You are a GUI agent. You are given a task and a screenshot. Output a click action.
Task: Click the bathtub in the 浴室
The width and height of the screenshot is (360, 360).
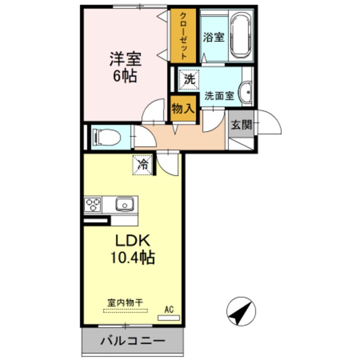pyautogui.click(x=241, y=36)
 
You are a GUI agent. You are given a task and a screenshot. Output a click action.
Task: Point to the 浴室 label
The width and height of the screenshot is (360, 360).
pyautogui.click(x=213, y=37)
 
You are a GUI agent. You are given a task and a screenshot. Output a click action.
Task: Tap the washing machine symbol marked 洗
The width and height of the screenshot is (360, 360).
pyautogui.click(x=188, y=79)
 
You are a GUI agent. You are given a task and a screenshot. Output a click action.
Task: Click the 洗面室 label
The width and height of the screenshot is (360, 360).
pyautogui.click(x=219, y=96)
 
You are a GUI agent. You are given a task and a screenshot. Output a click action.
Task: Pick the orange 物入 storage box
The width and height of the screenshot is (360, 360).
pyautogui.click(x=183, y=109)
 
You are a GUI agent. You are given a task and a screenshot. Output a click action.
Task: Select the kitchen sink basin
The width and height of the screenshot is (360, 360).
pyautogui.click(x=124, y=205)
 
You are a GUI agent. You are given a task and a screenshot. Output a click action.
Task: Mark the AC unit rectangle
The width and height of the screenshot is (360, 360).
pyautogui.click(x=169, y=317)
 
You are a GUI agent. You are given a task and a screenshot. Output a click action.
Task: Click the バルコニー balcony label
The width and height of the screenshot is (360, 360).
pyautogui.click(x=132, y=341)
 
